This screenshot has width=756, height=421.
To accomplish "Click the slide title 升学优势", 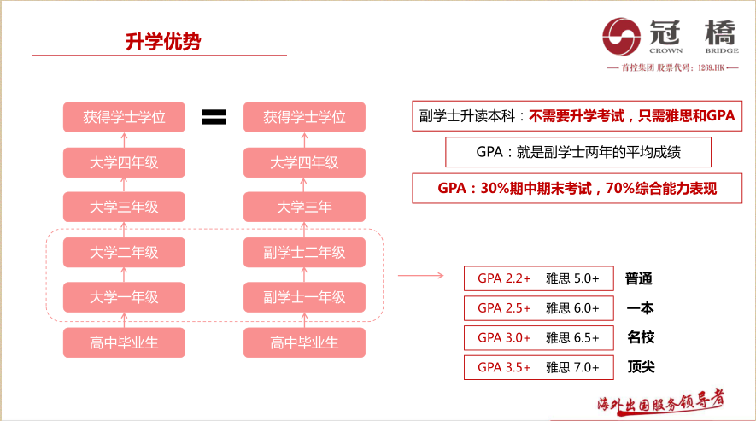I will tap(162, 42).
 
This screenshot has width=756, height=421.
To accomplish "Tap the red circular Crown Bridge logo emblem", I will tap(622, 36).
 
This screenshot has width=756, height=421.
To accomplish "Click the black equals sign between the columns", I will tap(213, 117).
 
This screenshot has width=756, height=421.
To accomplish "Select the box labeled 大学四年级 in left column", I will tap(124, 162).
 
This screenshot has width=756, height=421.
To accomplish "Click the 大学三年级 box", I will tap(124, 207).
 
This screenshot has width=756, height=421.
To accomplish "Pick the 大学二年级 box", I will tap(124, 253).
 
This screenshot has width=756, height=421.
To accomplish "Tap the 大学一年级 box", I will tap(124, 298).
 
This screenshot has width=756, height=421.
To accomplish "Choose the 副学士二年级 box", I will tap(304, 253).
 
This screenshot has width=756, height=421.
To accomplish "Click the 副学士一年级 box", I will tap(304, 298).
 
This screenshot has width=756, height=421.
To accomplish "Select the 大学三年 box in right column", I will tap(304, 207).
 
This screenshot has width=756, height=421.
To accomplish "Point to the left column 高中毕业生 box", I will tap(124, 343).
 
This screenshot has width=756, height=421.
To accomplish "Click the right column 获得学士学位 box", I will tap(304, 117).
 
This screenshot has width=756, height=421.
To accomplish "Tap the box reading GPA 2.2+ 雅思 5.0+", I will tap(538, 279).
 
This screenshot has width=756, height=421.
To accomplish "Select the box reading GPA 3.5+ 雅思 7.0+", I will tap(538, 367).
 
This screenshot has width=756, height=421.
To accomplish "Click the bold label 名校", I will tap(641, 337).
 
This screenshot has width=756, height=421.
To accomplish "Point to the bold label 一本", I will tap(641, 308).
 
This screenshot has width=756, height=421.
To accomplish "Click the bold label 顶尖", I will tap(641, 367).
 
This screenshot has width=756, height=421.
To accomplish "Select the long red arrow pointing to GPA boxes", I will tap(420, 276).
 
